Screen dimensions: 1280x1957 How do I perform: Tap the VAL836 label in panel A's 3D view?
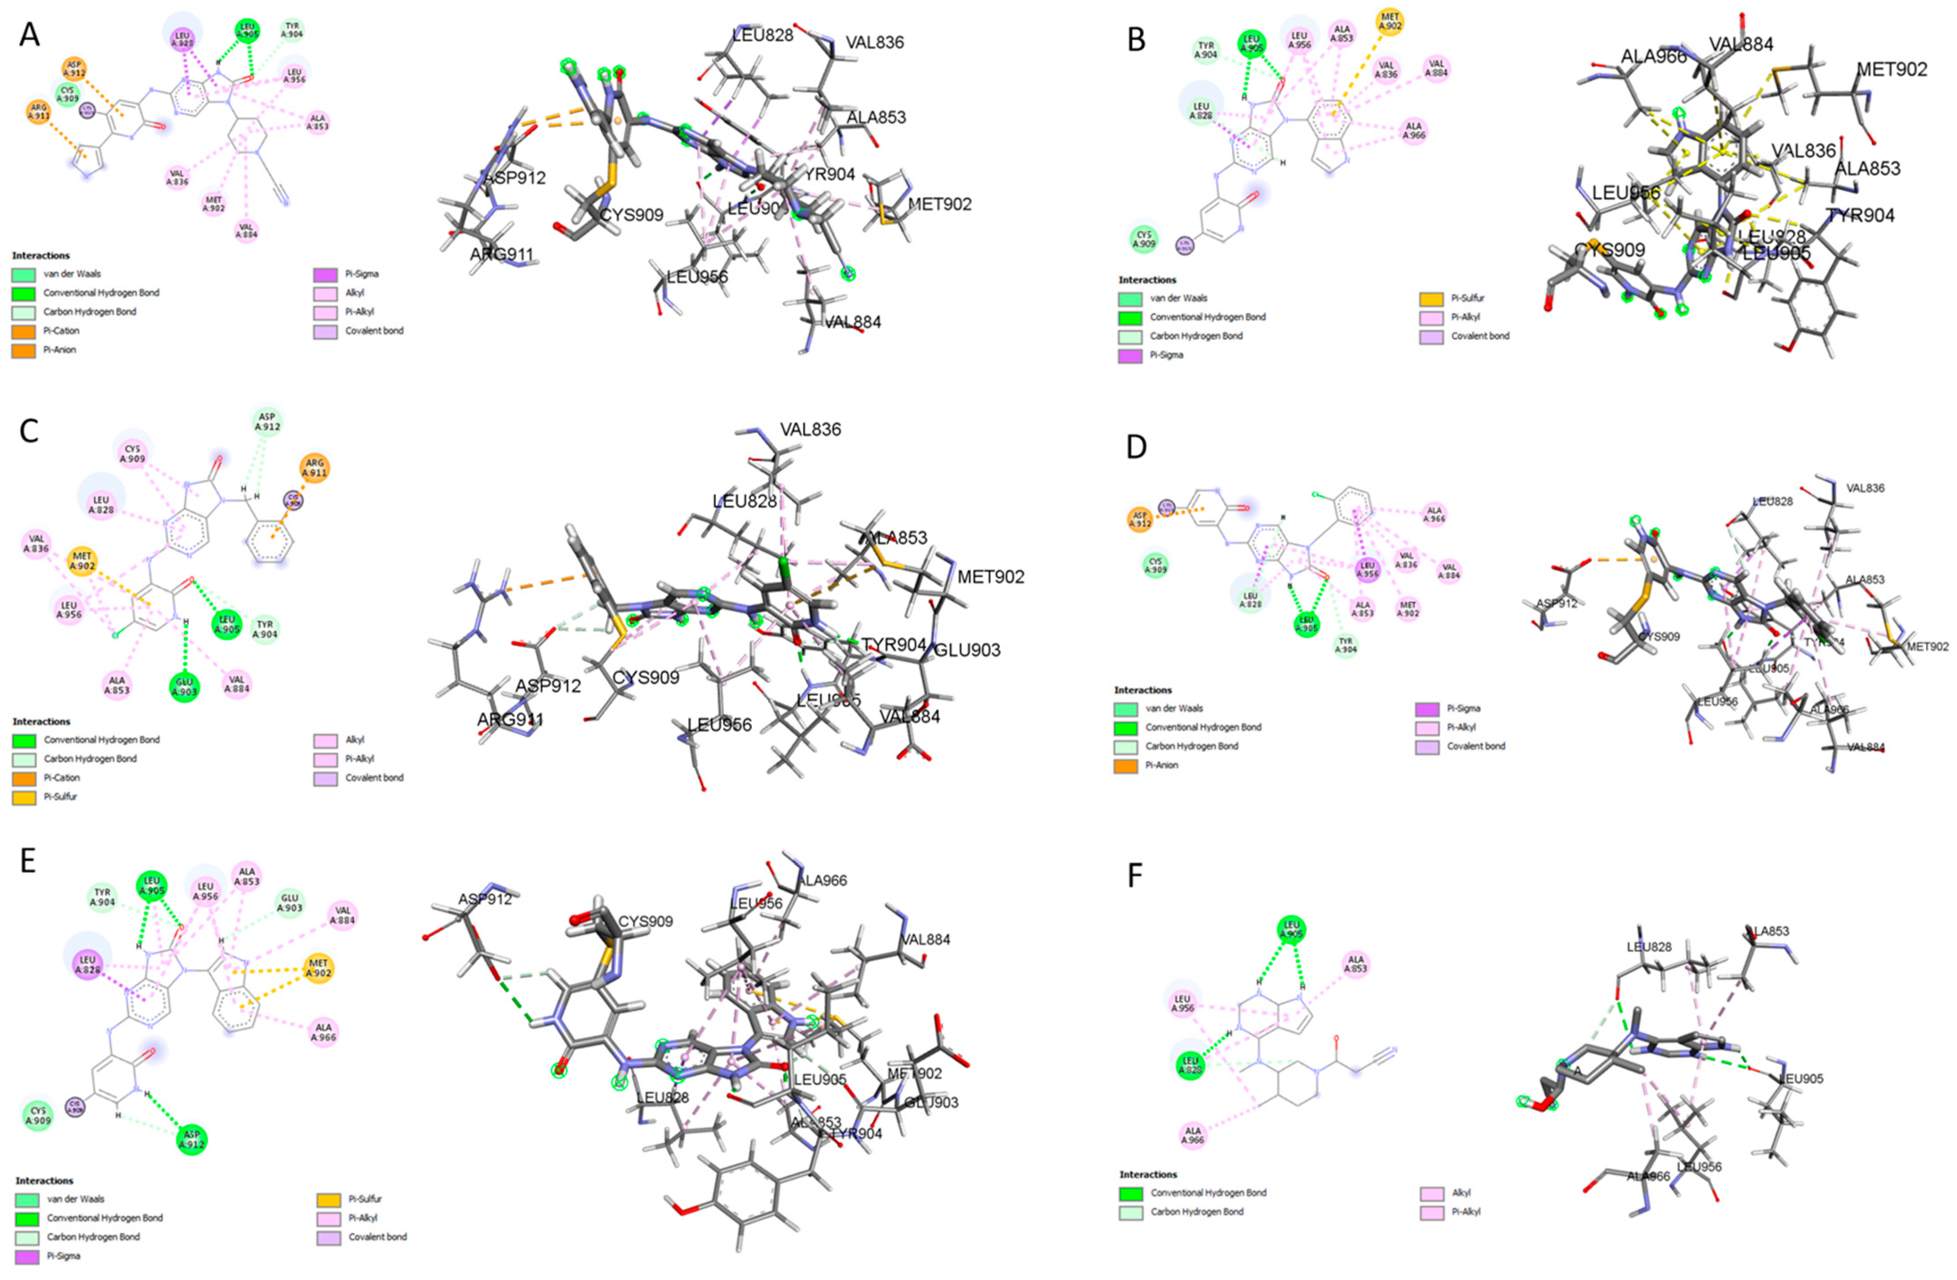pyautogui.click(x=874, y=42)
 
